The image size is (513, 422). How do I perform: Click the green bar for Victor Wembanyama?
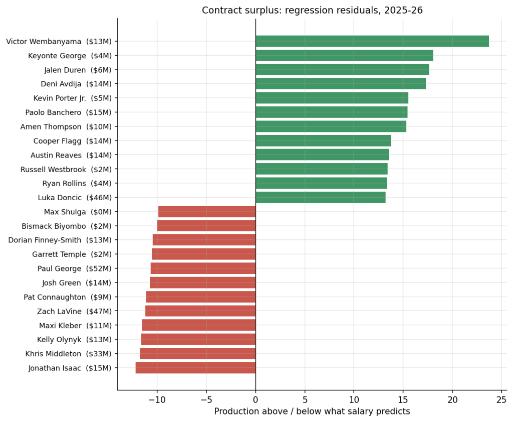tap(372, 41)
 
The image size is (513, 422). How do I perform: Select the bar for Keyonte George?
tap(344, 55)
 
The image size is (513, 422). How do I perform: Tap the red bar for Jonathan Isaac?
tap(196, 368)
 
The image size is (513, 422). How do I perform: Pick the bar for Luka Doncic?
tap(320, 197)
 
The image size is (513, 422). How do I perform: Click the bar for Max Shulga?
tap(207, 212)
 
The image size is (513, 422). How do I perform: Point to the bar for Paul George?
tap(203, 268)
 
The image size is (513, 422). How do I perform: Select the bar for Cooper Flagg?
tap(323, 140)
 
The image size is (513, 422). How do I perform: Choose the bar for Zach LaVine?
tap(200, 311)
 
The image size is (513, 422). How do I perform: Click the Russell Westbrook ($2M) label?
tap(66, 170)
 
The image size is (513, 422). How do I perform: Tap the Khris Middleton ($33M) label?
tap(68, 354)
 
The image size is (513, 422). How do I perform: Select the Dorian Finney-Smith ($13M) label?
tap(60, 240)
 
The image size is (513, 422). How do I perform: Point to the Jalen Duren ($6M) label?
tap(78, 70)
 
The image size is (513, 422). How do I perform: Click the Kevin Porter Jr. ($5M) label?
tap(72, 98)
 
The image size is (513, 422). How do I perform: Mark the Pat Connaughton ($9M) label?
tap(68, 297)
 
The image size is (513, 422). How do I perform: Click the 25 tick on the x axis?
tap(501, 400)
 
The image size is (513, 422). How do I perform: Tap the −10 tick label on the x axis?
tap(157, 400)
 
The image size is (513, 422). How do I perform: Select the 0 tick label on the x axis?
tap(255, 400)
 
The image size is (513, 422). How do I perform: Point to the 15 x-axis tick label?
tap(403, 400)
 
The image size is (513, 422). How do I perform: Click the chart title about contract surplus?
tap(312, 10)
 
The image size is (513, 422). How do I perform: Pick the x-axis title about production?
tap(312, 411)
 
